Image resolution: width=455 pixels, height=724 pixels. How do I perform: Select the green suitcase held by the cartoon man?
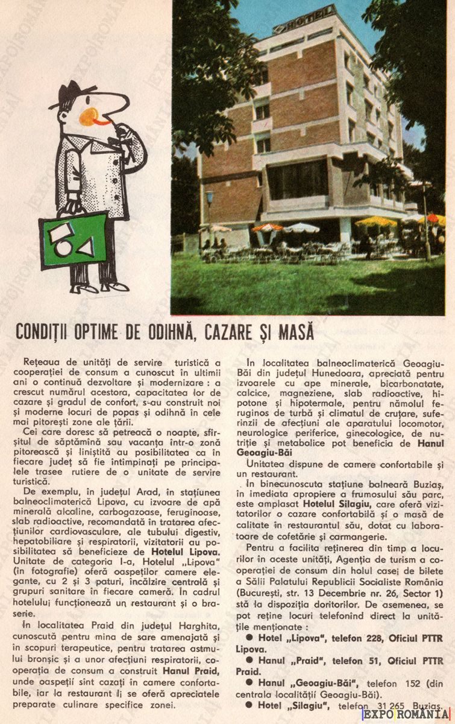(x=66, y=241)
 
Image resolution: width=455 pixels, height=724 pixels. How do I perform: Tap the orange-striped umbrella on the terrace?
(x=266, y=227)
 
